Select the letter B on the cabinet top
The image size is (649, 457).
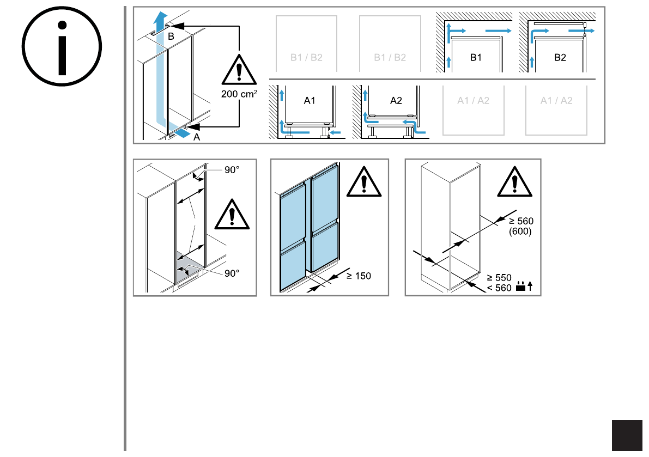[x=171, y=36]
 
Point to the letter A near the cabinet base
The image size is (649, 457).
[x=197, y=138]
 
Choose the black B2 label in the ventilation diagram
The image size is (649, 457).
[x=560, y=57]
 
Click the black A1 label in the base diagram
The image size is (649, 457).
[x=310, y=101]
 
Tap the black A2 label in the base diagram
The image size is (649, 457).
[x=396, y=101]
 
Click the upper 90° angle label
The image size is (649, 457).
[x=231, y=170]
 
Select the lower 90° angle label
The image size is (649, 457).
[x=232, y=273]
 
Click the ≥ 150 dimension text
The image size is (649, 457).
[x=359, y=276]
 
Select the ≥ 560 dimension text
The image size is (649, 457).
[x=521, y=221]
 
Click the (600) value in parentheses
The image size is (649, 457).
[x=520, y=231]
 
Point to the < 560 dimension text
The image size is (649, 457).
[x=499, y=288]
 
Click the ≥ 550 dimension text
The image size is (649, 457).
[x=499, y=277]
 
